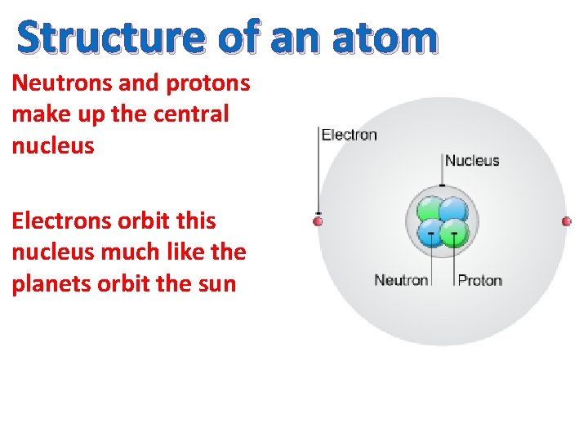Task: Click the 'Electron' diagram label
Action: (x=349, y=135)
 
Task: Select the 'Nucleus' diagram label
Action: (x=472, y=160)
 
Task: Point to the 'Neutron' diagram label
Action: (x=401, y=280)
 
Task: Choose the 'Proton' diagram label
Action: (x=479, y=280)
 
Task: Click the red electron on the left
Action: (x=318, y=220)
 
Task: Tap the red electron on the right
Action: (x=567, y=220)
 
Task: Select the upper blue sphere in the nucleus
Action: (x=454, y=210)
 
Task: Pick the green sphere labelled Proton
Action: (x=452, y=234)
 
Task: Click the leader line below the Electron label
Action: (x=318, y=176)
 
